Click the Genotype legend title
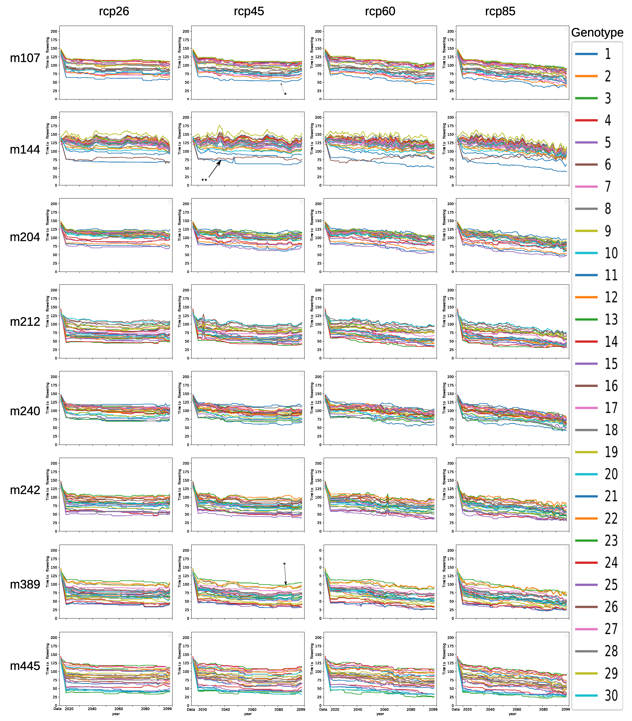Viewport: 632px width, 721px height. coord(597,32)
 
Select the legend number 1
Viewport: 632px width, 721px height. coord(608,54)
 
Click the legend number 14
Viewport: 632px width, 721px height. coord(611,341)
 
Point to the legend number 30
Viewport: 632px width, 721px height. coord(611,696)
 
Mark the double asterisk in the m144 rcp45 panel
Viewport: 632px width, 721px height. coord(204,180)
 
